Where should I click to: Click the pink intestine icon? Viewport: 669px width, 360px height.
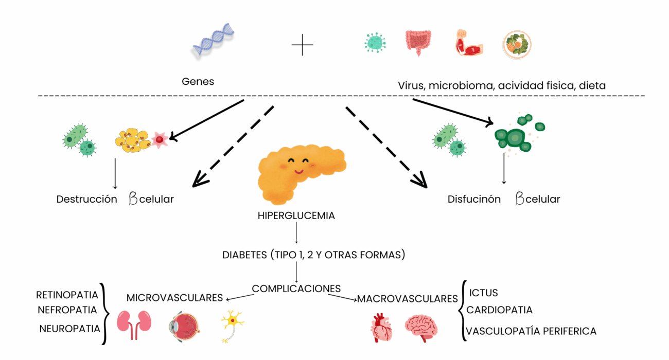coord(418,43)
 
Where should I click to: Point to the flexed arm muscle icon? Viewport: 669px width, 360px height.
coord(469,43)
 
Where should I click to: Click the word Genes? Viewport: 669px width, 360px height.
coord(198,82)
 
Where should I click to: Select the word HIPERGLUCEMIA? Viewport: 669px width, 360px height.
coord(296,216)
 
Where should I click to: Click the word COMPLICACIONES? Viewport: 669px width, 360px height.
coord(296,289)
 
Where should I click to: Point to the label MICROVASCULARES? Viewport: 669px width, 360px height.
coord(175,298)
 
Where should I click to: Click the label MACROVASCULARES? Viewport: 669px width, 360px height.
coord(407,299)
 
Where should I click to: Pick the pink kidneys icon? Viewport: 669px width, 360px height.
coord(135,323)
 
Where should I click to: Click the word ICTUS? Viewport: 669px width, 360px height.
coord(483,293)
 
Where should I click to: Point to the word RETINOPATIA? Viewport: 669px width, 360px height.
coord(67,295)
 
